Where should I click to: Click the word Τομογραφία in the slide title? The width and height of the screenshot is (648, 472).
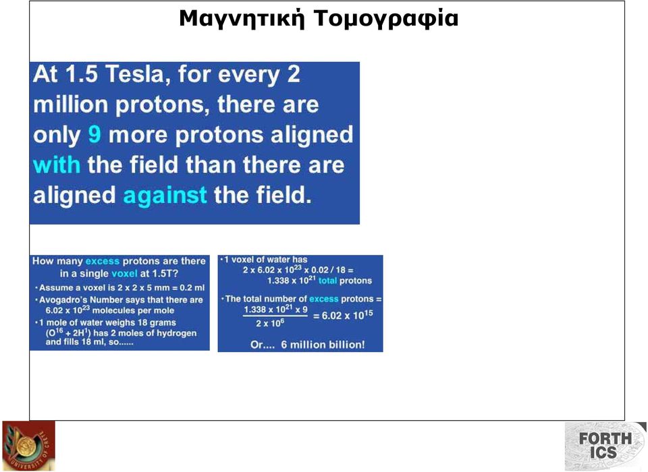coord(386,19)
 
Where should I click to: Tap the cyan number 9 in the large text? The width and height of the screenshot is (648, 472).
coord(94,134)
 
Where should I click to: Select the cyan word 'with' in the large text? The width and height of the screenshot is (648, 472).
coord(57,165)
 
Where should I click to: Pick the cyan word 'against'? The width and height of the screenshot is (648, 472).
coord(165,195)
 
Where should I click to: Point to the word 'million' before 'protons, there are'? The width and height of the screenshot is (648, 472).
coord(70,104)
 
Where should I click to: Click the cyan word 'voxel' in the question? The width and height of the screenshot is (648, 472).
coord(124,273)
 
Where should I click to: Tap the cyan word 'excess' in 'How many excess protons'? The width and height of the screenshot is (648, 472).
coord(103,261)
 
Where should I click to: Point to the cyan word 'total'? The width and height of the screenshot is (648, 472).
coord(328,281)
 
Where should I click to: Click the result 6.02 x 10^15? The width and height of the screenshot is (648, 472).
coord(347,315)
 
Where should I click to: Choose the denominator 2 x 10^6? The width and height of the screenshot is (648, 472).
coord(269,322)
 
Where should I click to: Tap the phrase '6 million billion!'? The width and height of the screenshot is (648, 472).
coord(323,345)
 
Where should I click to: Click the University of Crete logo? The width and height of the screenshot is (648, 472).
coord(28,446)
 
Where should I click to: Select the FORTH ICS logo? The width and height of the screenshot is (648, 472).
coord(605,446)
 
